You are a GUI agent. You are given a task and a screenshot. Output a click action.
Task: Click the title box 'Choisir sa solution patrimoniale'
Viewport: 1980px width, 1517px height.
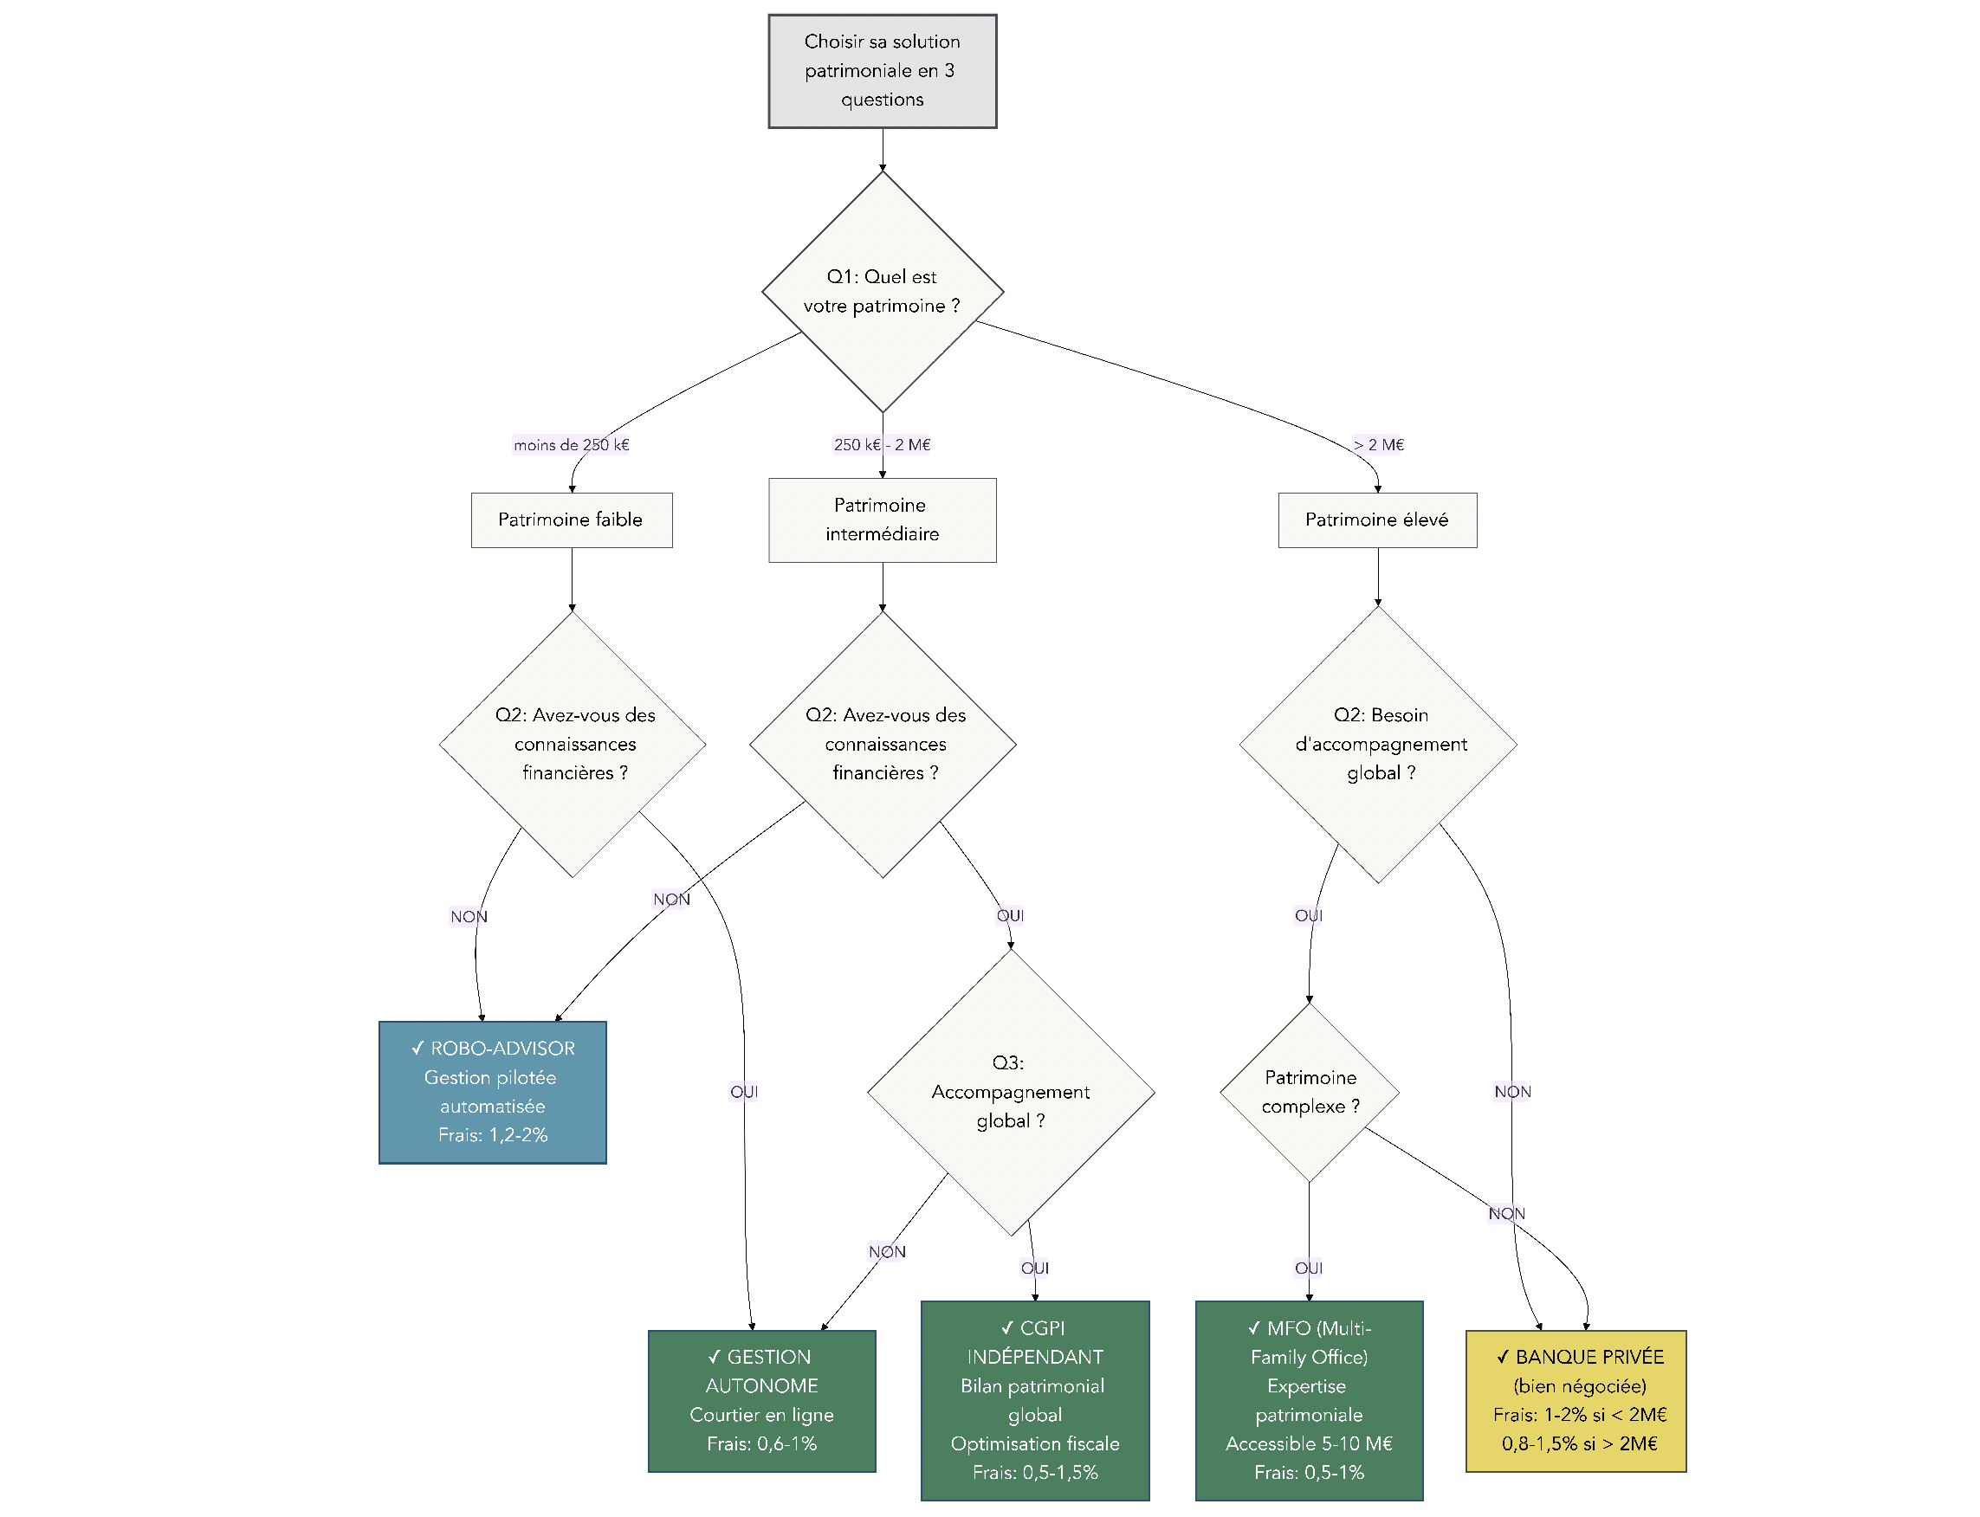[882, 70]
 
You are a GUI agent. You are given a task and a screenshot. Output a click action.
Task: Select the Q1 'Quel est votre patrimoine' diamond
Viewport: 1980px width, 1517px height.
[882, 291]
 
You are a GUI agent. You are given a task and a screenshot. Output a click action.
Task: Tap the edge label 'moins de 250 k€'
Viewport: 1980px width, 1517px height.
[571, 444]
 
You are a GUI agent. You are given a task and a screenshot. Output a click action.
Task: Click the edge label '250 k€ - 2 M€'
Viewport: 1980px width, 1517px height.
[882, 444]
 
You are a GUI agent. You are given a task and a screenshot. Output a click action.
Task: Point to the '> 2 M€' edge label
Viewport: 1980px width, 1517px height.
[1377, 444]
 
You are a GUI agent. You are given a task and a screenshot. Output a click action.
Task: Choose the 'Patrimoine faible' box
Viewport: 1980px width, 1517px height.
[571, 520]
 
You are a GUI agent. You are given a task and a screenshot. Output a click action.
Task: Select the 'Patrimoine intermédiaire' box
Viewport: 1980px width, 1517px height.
[882, 520]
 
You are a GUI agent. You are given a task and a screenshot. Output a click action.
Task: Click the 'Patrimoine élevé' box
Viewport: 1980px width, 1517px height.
[1376, 520]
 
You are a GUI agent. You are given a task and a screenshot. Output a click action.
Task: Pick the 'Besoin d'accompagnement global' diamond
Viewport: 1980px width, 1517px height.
[1377, 743]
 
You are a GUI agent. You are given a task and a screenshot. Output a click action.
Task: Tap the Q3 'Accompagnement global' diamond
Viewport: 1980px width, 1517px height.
[1010, 1091]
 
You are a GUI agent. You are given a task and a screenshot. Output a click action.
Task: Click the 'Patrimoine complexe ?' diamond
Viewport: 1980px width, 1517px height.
[1309, 1091]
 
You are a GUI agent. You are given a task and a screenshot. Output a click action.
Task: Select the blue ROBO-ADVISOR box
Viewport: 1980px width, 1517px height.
[492, 1091]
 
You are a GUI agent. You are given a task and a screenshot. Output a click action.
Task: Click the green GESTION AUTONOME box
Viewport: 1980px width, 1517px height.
[761, 1399]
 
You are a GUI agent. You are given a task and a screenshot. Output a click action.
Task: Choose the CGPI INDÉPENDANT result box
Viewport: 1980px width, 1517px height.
[1034, 1399]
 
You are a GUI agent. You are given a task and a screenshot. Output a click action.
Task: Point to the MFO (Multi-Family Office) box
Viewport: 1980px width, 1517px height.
[1309, 1399]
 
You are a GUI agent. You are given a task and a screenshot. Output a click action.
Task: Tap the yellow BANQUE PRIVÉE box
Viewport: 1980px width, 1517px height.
[1576, 1399]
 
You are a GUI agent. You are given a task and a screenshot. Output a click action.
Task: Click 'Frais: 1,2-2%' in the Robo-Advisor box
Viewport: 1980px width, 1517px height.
[492, 1134]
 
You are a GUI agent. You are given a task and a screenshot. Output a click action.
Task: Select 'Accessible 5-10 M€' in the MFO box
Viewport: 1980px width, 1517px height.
[1309, 1443]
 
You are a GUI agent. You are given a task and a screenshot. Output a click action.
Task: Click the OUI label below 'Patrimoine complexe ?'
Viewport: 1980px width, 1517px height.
[1309, 1268]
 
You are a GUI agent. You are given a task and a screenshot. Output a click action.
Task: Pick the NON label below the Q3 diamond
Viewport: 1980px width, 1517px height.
[886, 1251]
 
